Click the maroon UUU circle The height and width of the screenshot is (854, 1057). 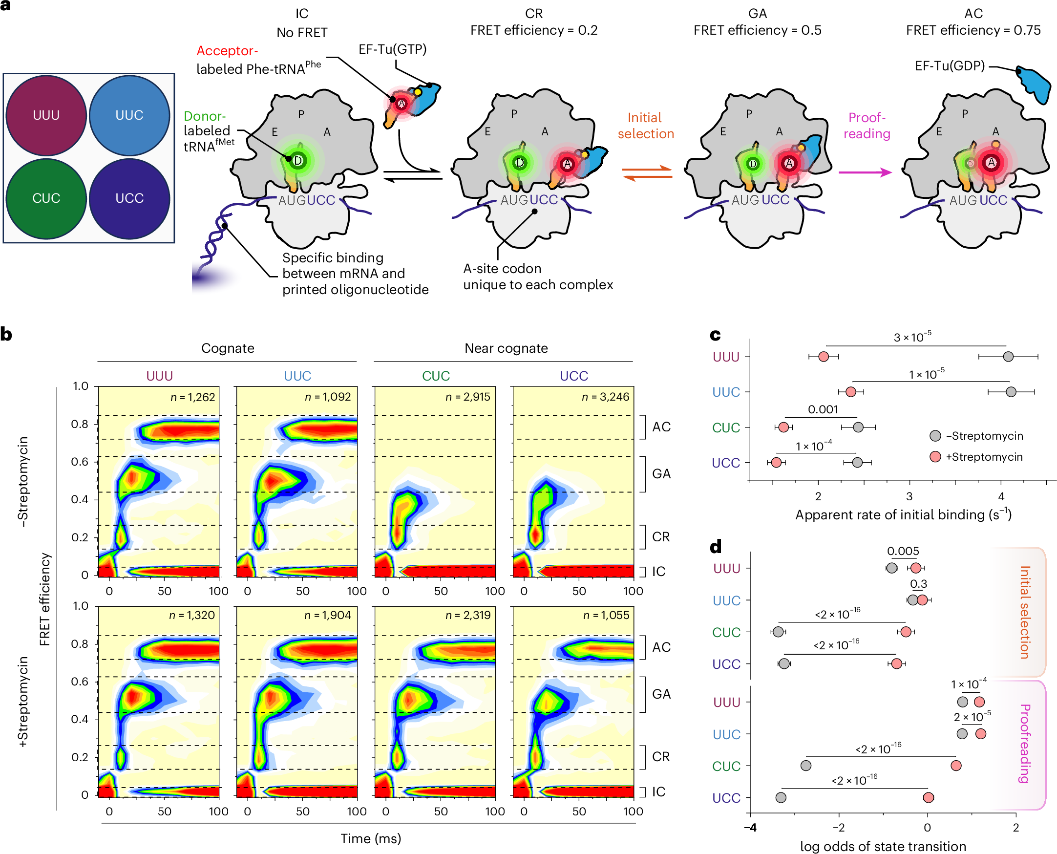click(46, 116)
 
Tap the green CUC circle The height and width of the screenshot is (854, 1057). click(46, 198)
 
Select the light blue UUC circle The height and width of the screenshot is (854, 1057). click(129, 116)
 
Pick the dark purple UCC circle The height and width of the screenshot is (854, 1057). click(129, 198)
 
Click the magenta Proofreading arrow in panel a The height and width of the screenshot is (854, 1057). click(865, 172)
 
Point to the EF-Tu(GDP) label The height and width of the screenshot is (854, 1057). click(949, 66)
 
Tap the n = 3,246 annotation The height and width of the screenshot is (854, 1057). click(605, 397)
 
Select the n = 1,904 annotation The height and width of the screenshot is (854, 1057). click(328, 615)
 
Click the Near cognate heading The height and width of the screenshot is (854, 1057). click(506, 348)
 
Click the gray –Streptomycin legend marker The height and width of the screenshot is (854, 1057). click(935, 436)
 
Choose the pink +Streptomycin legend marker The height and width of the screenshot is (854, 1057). click(935, 457)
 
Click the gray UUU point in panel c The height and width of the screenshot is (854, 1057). click(1008, 356)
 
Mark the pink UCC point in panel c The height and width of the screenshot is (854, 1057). click(776, 462)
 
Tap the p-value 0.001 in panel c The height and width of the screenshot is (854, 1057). click(823, 409)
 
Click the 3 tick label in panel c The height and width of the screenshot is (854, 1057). click(909, 496)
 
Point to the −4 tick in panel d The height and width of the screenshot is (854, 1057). click(750, 828)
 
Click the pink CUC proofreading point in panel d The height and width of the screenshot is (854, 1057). click(956, 766)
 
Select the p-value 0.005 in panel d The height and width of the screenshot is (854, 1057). click(903, 551)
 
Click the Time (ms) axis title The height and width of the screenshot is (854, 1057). click(371, 838)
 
